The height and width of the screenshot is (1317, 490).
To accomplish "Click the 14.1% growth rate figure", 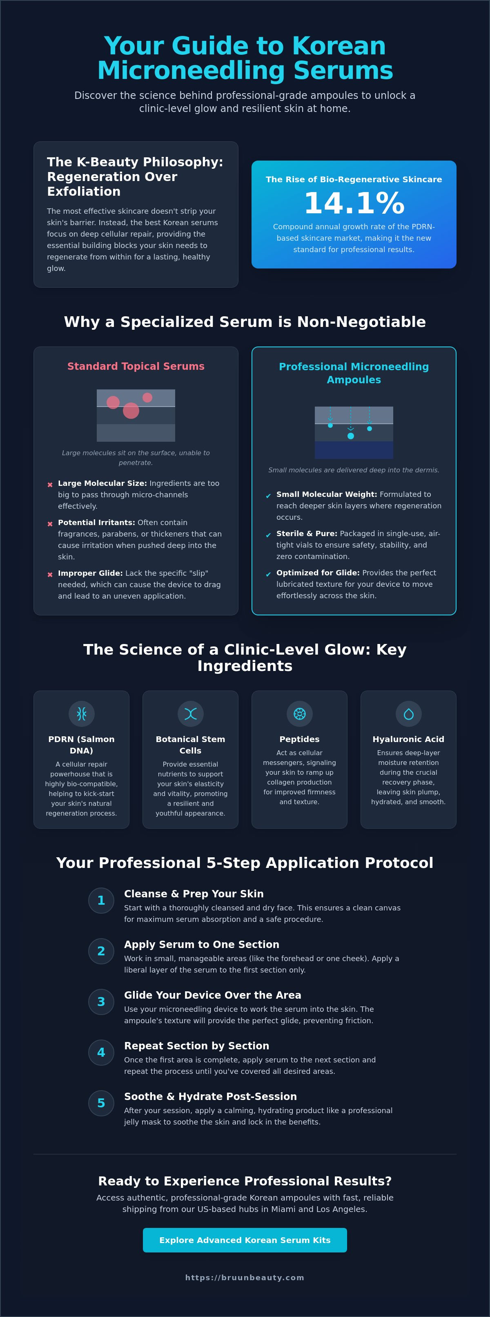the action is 354,203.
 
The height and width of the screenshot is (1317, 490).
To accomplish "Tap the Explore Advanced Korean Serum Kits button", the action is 245,1240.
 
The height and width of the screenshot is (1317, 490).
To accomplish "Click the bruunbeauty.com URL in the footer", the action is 245,1277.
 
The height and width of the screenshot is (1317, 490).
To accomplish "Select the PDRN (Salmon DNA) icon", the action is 81,714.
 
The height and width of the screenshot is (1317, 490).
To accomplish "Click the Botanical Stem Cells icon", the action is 191,714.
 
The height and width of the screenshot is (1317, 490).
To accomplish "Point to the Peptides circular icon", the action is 299,714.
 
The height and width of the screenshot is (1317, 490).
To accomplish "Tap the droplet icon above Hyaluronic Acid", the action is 408,714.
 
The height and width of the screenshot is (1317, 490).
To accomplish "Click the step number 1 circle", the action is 101,900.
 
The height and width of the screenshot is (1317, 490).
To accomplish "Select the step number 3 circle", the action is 101,1002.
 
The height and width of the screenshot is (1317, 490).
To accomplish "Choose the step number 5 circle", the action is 101,1103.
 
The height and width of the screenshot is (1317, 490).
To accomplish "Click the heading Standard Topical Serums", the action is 136,366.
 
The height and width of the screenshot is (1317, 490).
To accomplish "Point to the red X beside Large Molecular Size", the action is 50,485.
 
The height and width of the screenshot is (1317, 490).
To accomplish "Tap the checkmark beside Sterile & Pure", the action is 268,535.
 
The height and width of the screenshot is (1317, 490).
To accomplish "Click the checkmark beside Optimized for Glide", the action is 268,574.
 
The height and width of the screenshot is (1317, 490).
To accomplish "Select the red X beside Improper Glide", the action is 50,575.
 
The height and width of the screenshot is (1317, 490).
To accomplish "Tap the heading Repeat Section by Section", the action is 197,1046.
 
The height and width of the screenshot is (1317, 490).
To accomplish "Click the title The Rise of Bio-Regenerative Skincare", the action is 354,179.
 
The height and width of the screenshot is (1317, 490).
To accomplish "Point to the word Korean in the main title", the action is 339,46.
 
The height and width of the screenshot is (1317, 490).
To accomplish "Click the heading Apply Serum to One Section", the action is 202,944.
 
